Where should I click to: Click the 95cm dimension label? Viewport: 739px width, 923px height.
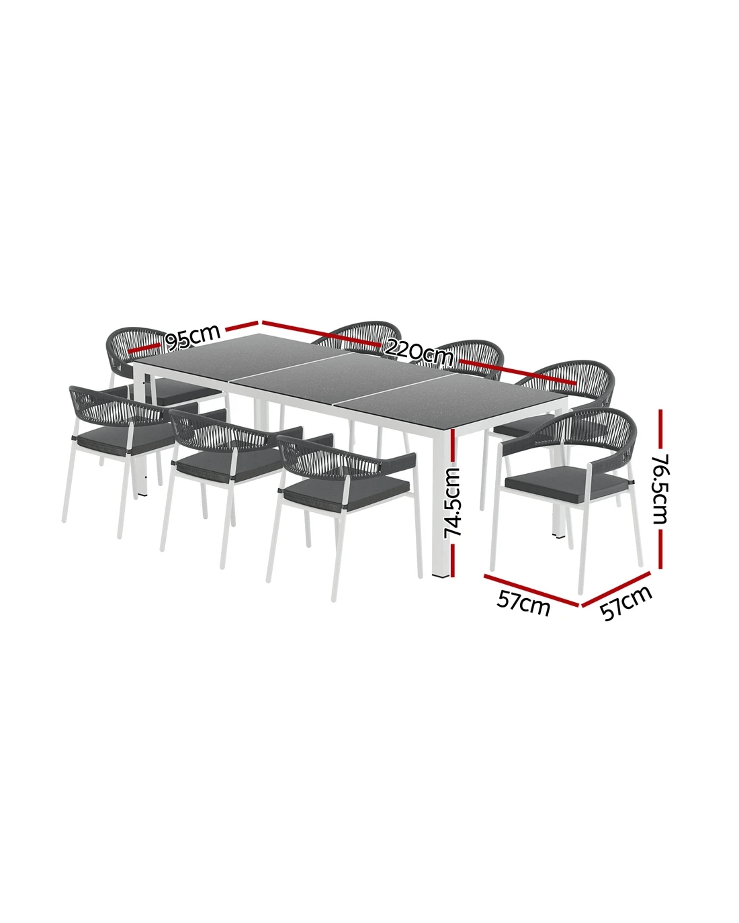click(x=192, y=337)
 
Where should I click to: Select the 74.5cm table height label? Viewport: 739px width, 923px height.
click(x=453, y=503)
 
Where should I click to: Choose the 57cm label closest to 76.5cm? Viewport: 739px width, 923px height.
click(x=625, y=604)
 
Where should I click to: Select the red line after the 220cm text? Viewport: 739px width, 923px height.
click(x=518, y=371)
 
